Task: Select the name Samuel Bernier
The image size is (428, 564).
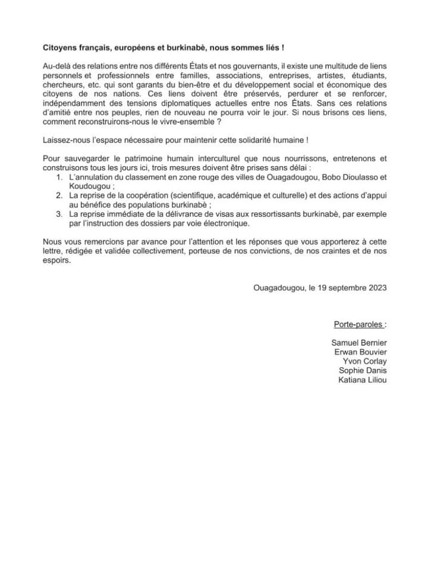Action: [x=359, y=343]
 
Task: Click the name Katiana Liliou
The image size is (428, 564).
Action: [x=363, y=380]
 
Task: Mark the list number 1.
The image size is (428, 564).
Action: [x=58, y=178]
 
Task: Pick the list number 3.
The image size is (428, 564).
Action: [x=58, y=213]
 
